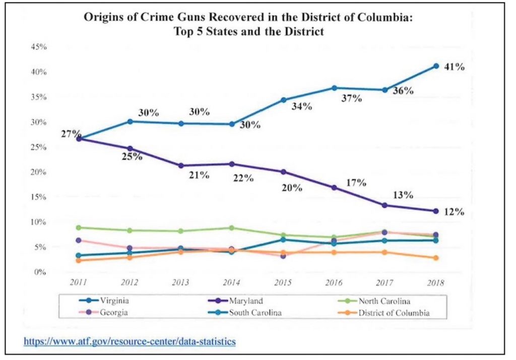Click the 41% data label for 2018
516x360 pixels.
pos(454,66)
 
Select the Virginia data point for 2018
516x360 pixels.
pos(436,66)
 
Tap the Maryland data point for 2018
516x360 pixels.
pos(436,211)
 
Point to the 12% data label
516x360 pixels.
pos(454,212)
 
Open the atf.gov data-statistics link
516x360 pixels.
pos(130,341)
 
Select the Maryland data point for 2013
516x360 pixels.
pos(180,165)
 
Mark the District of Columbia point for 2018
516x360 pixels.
pos(436,258)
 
